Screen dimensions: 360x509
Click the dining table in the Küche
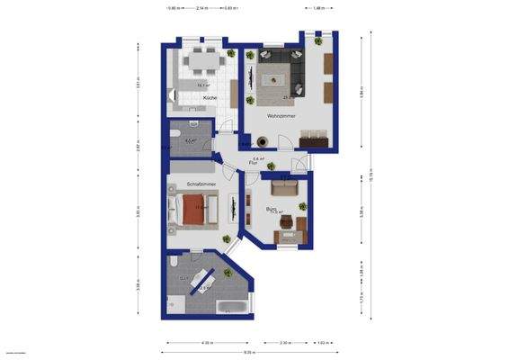198,62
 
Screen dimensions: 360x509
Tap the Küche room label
209,96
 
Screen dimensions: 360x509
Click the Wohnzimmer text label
281,115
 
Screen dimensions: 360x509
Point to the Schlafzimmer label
200,183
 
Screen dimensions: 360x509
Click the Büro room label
271,209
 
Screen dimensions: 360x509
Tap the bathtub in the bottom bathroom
233,307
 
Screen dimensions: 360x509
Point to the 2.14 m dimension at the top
188,8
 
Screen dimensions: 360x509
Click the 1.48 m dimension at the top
317,8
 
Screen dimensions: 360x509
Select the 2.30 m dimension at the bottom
284,343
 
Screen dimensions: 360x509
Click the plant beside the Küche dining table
230,55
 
